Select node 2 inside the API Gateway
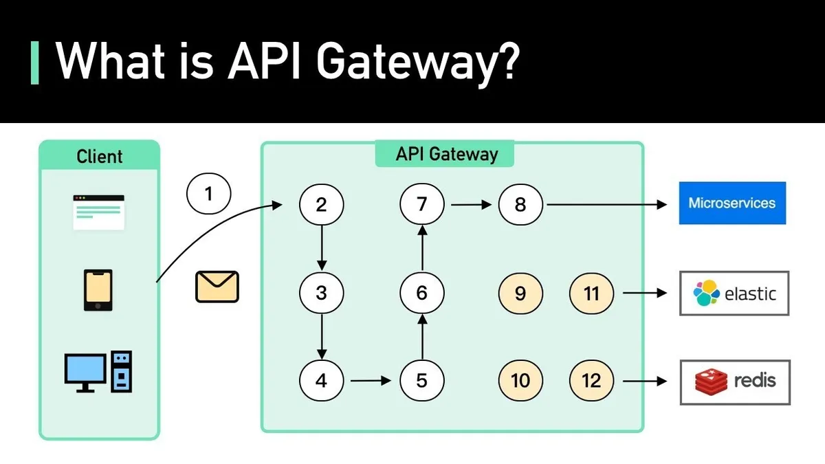click(x=321, y=204)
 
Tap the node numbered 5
click(x=421, y=379)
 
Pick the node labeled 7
click(x=421, y=204)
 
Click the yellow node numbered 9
click(x=520, y=294)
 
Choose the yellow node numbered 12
click(x=591, y=379)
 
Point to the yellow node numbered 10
click(x=520, y=379)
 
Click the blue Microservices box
click(x=732, y=203)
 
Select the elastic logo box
click(x=734, y=294)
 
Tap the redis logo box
click(x=734, y=381)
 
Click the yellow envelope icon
click(x=217, y=287)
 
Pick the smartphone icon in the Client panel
click(x=98, y=290)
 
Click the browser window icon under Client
click(x=99, y=212)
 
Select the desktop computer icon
click(x=98, y=371)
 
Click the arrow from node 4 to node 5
click(x=371, y=379)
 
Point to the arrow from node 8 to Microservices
click(x=605, y=204)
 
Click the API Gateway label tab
click(x=445, y=153)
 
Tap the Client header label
click(x=99, y=157)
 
